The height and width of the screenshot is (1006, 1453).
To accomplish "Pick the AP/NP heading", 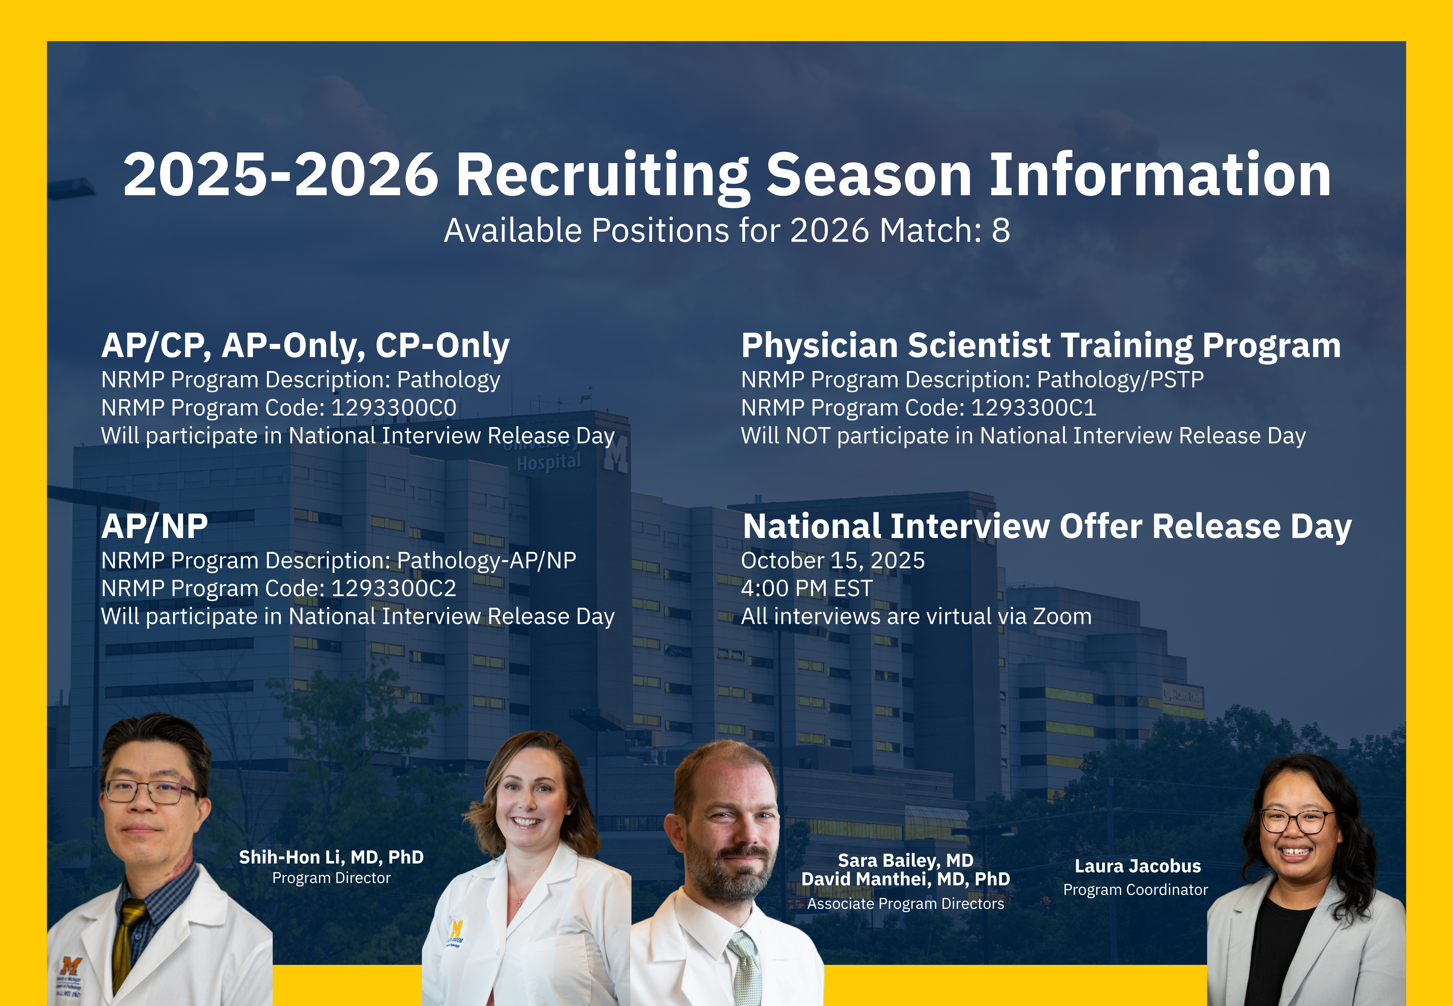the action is [x=154, y=527].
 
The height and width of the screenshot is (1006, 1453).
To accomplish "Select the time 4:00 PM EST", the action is [x=806, y=588].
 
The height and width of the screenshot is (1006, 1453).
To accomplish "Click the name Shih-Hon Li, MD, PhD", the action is [x=332, y=857].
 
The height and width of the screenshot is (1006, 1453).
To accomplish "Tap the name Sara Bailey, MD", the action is [x=906, y=860].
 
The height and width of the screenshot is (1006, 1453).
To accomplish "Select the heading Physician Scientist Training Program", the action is [x=1041, y=346].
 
